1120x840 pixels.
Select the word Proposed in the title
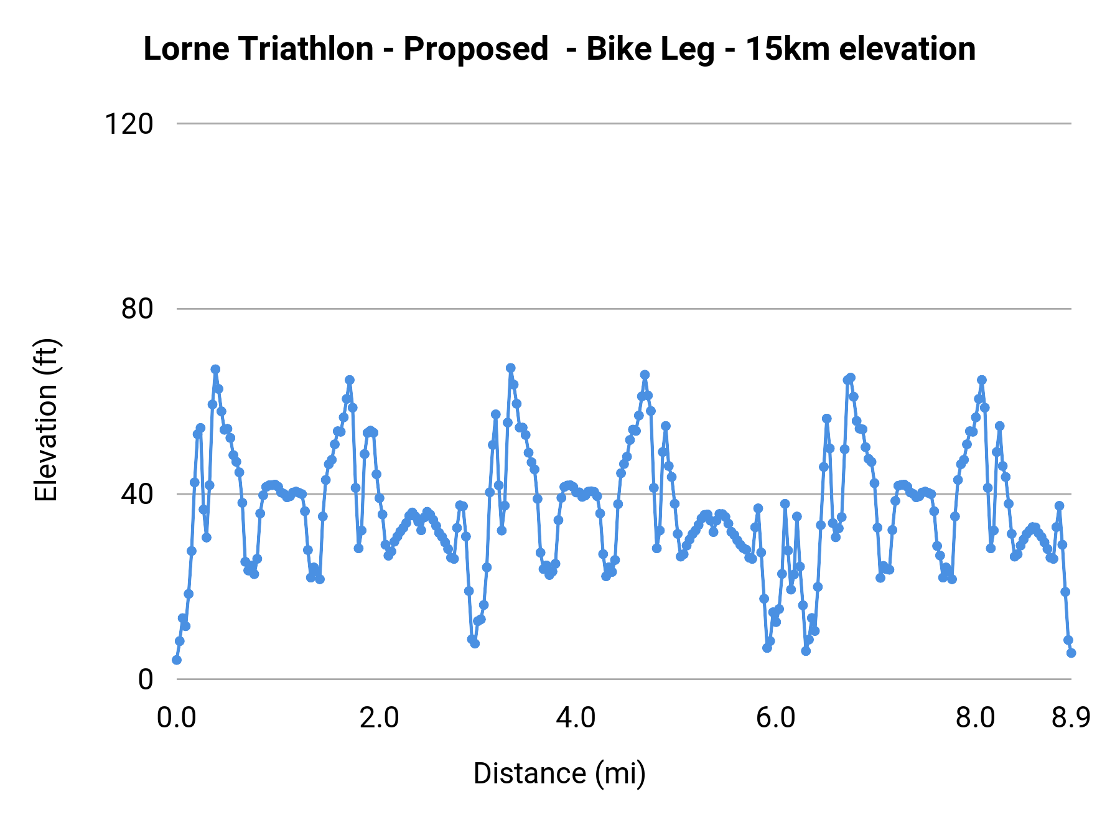476,49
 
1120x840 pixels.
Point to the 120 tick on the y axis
128,124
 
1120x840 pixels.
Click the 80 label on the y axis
137,309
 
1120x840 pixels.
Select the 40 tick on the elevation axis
137,494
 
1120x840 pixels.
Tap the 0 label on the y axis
145,679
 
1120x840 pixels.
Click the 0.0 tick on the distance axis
177,718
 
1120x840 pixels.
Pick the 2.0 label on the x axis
379,718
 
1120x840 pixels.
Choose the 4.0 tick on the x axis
576,718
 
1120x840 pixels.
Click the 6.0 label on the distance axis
775,718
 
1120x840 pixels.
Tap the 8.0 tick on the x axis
975,718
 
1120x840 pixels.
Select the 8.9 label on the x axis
1071,718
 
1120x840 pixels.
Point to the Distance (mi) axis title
559,773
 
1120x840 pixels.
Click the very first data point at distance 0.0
177,660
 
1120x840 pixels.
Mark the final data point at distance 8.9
1071,653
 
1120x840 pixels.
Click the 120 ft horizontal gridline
622,124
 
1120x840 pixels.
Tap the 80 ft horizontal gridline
622,309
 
